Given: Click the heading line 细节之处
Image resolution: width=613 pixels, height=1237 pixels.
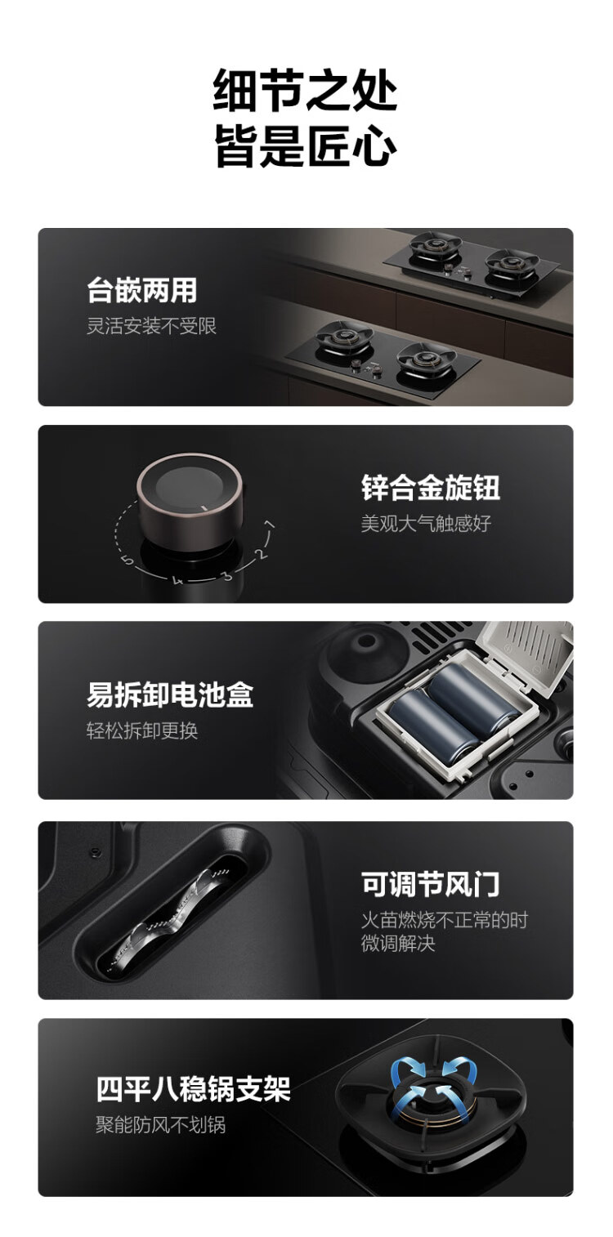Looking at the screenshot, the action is coord(306,91).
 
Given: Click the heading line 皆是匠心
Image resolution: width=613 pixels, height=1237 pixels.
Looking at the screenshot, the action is coord(306,145).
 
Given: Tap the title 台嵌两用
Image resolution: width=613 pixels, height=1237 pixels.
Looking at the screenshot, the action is coord(142,291).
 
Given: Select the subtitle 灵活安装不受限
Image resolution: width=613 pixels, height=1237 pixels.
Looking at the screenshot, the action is coord(151,326).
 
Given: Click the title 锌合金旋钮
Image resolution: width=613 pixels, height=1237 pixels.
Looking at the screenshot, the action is coord(431,488).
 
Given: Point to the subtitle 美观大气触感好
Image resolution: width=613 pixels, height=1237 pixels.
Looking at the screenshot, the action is coord(426,523).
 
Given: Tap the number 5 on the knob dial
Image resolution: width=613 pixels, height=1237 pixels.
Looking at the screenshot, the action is coord(128,560).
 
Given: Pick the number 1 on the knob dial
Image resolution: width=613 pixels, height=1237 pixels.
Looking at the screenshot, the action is coord(270,525).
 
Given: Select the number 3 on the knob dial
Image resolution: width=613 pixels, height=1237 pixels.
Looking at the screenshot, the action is coord(227,576).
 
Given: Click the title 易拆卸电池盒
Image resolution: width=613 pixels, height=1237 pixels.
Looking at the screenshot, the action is coord(170,694).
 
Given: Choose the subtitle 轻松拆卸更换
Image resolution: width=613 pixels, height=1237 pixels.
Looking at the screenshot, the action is coord(142,730).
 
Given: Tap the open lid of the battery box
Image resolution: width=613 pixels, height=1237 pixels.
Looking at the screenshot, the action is coord(527,655).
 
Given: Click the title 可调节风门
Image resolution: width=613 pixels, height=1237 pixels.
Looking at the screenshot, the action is coord(431,883).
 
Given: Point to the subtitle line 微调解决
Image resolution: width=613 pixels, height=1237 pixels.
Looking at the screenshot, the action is coord(398,943).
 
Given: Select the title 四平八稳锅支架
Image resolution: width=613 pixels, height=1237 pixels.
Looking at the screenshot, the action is coord(193,1089).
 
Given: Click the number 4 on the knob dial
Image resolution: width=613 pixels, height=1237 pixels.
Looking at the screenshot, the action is coord(177,580).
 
